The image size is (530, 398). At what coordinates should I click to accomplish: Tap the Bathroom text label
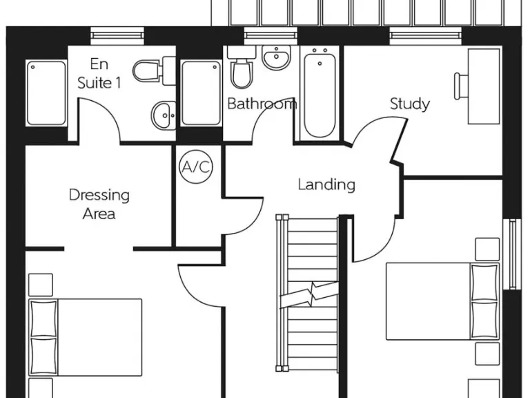[262, 104]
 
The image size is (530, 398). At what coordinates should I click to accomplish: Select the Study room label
[410, 104]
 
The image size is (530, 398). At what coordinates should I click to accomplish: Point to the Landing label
[326, 184]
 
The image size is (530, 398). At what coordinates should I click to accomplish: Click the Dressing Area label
[99, 204]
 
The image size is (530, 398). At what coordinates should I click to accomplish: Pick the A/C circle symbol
[196, 167]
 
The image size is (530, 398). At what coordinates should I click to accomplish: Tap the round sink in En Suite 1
[162, 115]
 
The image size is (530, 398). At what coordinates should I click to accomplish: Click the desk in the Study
[483, 86]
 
